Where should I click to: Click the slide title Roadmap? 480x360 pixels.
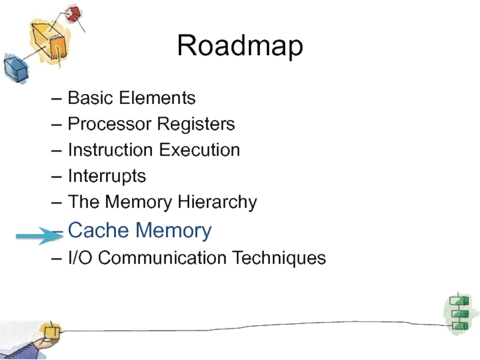[x=240, y=46]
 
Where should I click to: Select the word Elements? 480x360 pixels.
[x=157, y=98]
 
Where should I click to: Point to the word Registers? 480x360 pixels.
[x=196, y=125]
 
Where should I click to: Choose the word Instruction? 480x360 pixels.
[x=110, y=150]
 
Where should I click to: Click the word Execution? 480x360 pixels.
[x=199, y=150]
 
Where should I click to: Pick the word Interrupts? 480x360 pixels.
[x=107, y=176]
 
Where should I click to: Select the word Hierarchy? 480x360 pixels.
[x=217, y=203]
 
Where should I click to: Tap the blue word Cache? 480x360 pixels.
[x=98, y=230]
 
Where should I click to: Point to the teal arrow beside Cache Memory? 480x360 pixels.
[x=40, y=236]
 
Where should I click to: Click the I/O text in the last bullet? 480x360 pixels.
[x=80, y=257]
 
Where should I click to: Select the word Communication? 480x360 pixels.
[x=162, y=257]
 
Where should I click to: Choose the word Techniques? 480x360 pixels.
[x=279, y=258]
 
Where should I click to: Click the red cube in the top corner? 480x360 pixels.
[x=73, y=13]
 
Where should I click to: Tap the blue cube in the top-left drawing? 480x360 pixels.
[x=16, y=69]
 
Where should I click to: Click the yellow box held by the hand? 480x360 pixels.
[x=52, y=332]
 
